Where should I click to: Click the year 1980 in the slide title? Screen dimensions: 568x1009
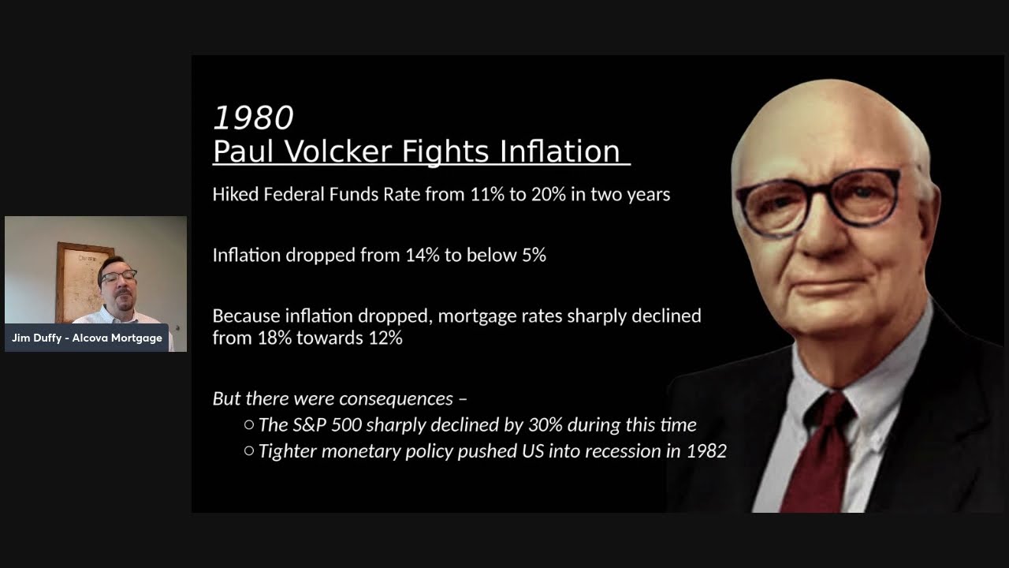(253, 118)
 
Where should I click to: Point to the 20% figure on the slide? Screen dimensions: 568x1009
(548, 194)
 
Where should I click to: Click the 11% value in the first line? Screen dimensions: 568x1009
(487, 194)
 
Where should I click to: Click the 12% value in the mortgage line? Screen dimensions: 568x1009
(385, 338)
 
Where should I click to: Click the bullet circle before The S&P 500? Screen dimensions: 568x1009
(249, 425)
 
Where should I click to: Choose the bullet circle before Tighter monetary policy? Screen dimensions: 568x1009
(249, 451)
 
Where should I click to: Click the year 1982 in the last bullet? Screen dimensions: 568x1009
(706, 451)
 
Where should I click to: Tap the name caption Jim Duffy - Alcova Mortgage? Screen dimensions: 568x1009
(87, 338)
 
